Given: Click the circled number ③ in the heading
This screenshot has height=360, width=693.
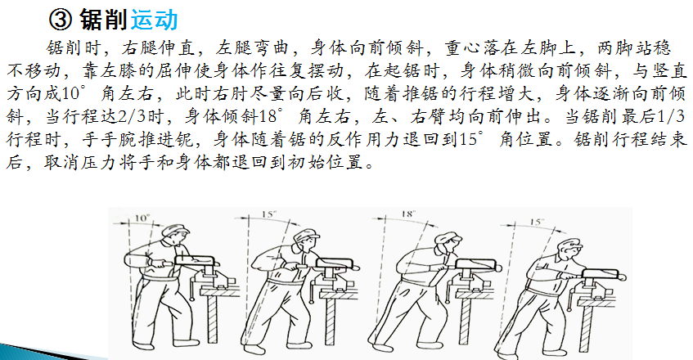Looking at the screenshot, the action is pyautogui.click(x=60, y=20).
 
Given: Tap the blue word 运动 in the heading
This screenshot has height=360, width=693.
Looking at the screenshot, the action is pyautogui.click(x=155, y=20).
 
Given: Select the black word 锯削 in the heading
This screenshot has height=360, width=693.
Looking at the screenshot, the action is pyautogui.click(x=103, y=20).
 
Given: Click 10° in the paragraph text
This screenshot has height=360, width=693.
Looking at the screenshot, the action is pyautogui.click(x=71, y=93).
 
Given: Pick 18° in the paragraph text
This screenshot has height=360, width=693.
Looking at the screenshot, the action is pyautogui.click(x=268, y=117).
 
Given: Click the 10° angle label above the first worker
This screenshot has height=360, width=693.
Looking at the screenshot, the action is pyautogui.click(x=142, y=218).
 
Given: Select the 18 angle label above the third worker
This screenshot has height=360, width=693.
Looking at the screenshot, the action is pyautogui.click(x=408, y=214).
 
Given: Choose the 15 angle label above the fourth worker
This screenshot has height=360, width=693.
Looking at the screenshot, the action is pyautogui.click(x=536, y=221).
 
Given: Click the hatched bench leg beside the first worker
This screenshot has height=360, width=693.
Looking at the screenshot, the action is pyautogui.click(x=212, y=318).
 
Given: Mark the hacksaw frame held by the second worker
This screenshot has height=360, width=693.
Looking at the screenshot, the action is pyautogui.click(x=335, y=264).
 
